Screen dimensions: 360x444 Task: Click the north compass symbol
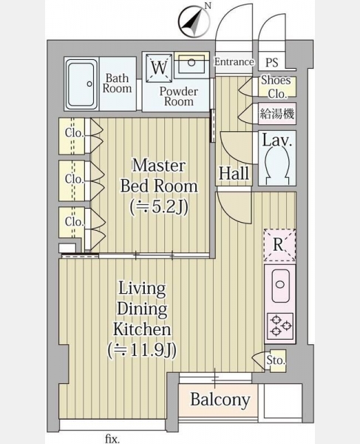click(x=194, y=22)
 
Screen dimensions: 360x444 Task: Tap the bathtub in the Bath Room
click(x=81, y=84)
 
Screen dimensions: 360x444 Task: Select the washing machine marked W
click(x=159, y=67)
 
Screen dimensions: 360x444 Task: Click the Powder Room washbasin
click(x=191, y=63)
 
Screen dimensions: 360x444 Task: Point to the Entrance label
click(x=234, y=61)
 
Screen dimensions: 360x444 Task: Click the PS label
click(x=271, y=62)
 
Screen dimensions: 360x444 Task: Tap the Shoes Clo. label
click(x=276, y=87)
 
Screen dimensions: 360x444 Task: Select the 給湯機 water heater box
click(x=277, y=113)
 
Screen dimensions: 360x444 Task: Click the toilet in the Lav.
click(x=277, y=166)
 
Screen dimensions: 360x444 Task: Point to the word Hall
click(x=234, y=173)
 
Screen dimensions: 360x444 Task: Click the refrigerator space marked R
click(x=279, y=245)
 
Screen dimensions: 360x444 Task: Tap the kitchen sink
click(x=280, y=286)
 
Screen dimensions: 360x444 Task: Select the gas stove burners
click(x=280, y=326)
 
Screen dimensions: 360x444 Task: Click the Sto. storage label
click(x=276, y=360)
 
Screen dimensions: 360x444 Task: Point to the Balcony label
click(x=220, y=400)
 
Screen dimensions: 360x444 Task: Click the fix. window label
click(x=112, y=439)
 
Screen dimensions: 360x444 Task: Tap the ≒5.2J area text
click(x=159, y=207)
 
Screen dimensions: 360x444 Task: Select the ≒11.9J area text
click(x=142, y=350)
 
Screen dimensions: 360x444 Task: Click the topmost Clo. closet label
click(x=74, y=132)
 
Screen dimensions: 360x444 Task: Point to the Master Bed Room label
click(x=159, y=175)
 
